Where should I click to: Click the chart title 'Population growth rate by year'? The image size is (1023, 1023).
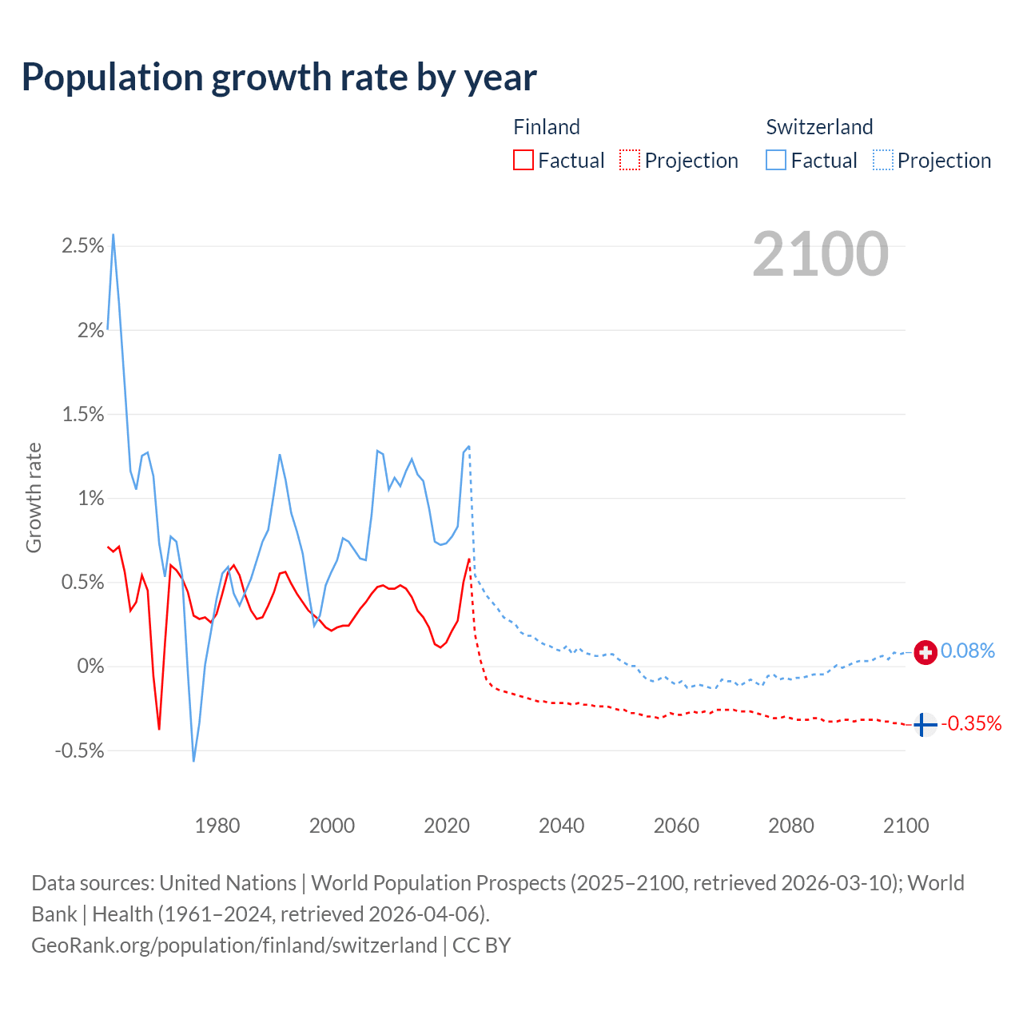[279, 78]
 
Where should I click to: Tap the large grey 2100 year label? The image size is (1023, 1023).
[820, 254]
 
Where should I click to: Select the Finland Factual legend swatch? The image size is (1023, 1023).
[523, 160]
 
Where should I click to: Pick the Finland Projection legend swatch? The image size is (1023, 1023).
[630, 160]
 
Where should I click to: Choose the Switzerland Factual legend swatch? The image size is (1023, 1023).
[776, 160]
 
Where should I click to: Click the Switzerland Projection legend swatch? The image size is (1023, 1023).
[883, 160]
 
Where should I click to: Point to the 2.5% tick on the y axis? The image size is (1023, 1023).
[83, 246]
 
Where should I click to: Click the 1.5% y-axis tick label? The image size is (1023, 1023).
[83, 414]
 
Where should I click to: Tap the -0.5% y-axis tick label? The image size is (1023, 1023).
[80, 750]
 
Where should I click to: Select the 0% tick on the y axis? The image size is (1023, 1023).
[90, 667]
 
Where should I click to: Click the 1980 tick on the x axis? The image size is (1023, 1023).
[217, 826]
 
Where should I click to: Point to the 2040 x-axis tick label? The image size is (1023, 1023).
[562, 826]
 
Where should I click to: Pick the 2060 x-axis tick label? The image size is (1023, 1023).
[676, 826]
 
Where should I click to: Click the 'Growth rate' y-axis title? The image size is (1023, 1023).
[34, 497]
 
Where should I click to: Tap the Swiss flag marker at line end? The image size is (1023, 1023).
[925, 652]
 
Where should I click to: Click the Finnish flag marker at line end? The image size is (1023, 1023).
[925, 725]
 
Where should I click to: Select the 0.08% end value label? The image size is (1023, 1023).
[968, 651]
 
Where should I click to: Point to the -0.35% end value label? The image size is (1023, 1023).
[971, 724]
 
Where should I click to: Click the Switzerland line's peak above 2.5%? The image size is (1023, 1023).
[113, 235]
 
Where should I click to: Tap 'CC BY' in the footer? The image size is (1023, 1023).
[481, 945]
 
